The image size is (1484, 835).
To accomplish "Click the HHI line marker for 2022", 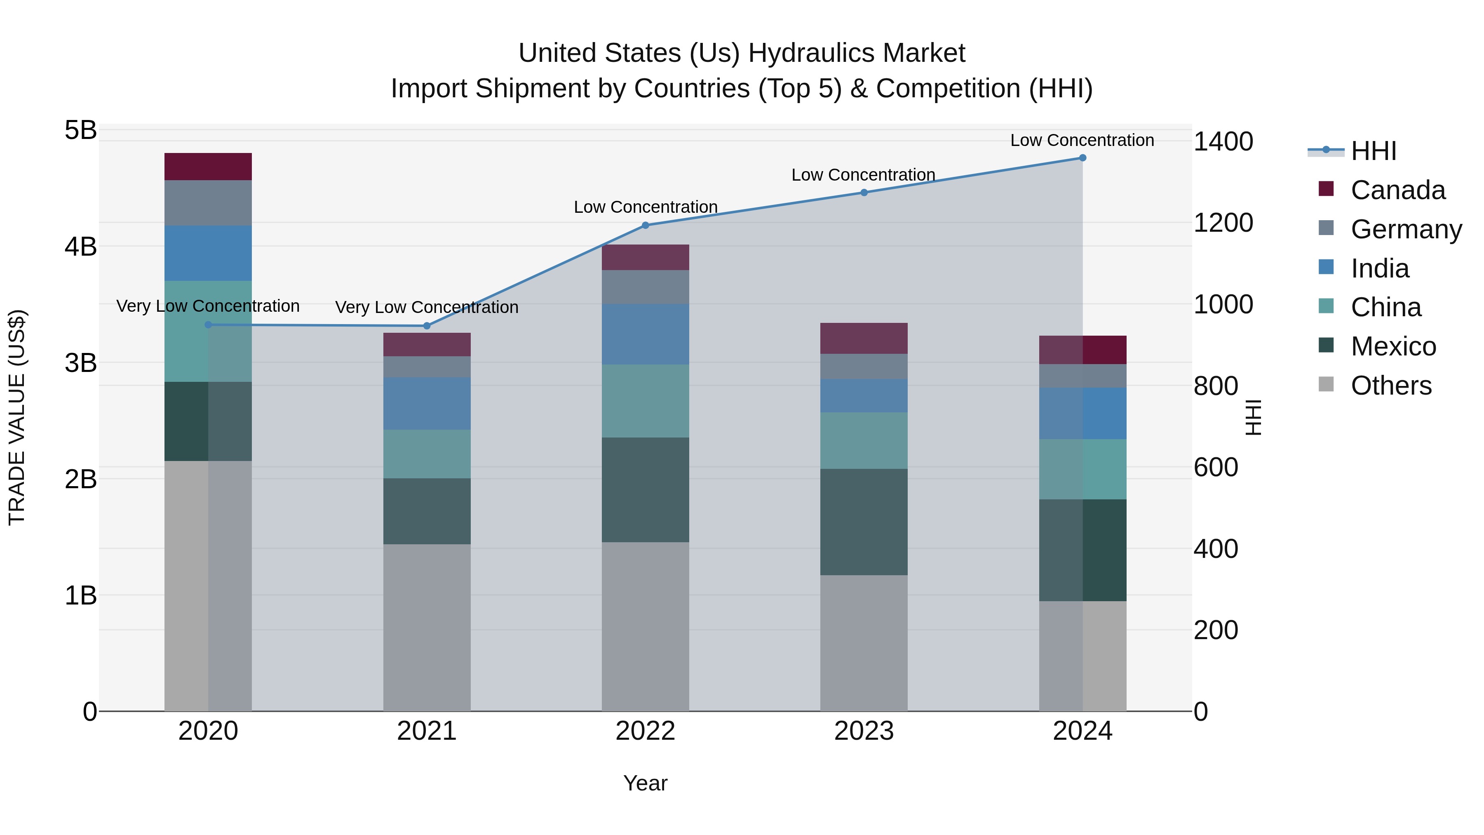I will pos(645,225).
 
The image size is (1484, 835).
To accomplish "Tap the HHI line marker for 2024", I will pos(1082,158).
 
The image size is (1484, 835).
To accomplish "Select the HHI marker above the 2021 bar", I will pos(427,326).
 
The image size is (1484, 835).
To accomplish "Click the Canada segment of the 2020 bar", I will pos(208,167).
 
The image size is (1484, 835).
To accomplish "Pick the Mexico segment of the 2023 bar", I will pos(864,522).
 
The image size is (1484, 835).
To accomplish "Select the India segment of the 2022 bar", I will pos(645,334).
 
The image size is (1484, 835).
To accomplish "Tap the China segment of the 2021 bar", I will pos(427,454).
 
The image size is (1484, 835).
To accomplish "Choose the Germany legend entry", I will pos(1406,229).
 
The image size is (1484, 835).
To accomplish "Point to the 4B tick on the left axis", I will pos(81,247).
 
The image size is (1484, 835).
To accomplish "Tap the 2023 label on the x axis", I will pos(864,731).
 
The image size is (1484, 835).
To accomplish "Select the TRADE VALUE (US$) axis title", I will pos(17,417).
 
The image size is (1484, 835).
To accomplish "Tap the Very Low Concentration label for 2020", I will pos(208,306).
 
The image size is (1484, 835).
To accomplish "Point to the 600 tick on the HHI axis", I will pos(1216,467).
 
